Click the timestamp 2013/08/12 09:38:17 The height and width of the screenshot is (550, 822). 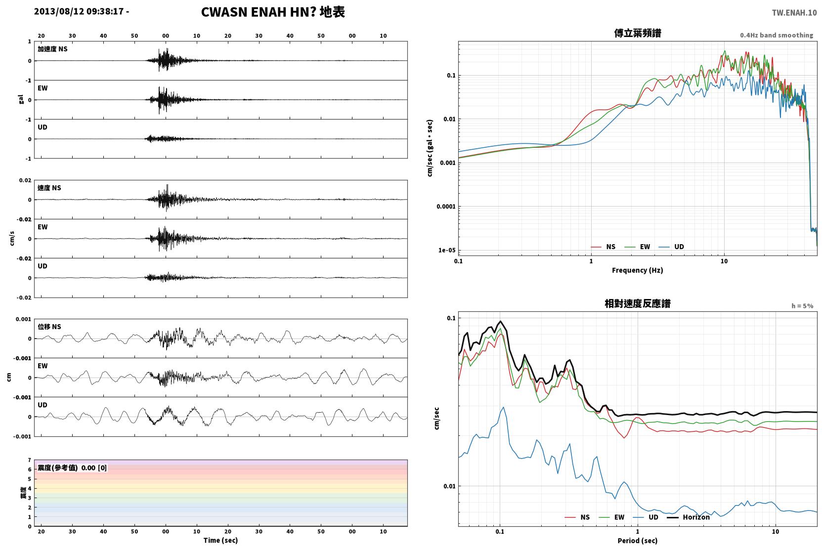pyautogui.click(x=79, y=11)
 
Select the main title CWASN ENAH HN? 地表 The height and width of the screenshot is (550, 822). pyautogui.click(x=273, y=12)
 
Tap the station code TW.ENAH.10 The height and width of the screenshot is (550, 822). pyautogui.click(x=794, y=13)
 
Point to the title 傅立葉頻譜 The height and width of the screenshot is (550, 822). pyautogui.click(x=638, y=33)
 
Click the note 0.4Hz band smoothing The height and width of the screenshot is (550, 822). pyautogui.click(x=777, y=35)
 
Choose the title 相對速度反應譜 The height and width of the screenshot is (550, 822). pyautogui.click(x=638, y=303)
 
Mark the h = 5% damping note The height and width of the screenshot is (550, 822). pyautogui.click(x=802, y=305)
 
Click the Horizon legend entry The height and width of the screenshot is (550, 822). pyautogui.click(x=688, y=517)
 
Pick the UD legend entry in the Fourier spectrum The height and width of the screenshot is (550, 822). pyautogui.click(x=671, y=247)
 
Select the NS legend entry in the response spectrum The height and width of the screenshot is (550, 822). pyautogui.click(x=577, y=517)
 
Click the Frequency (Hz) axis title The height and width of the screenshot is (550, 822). pyautogui.click(x=638, y=270)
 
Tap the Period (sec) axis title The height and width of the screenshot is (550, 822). pyautogui.click(x=638, y=541)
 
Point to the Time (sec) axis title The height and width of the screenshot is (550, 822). pyautogui.click(x=220, y=540)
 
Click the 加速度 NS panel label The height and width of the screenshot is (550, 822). pyautogui.click(x=52, y=49)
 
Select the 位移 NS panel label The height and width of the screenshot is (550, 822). pyautogui.click(x=49, y=327)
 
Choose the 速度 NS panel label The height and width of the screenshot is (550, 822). pyautogui.click(x=49, y=188)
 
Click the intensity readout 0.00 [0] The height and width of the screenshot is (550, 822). pyautogui.click(x=94, y=468)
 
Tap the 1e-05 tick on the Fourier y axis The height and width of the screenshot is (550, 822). pyautogui.click(x=447, y=250)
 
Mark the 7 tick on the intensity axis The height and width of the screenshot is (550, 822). pyautogui.click(x=30, y=460)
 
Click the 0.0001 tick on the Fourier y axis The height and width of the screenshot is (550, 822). pyautogui.click(x=446, y=207)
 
